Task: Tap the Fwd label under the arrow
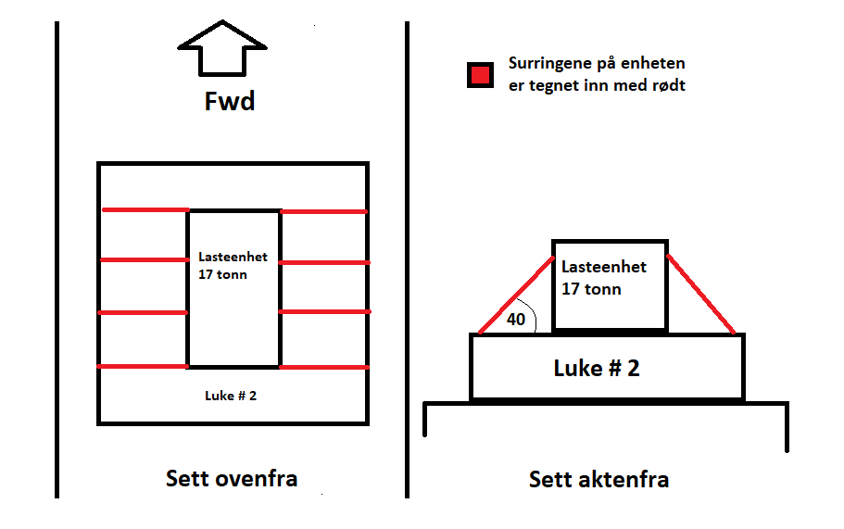coord(229,100)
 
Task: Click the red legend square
coord(480,74)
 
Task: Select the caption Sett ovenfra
coord(232,478)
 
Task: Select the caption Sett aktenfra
coord(598,479)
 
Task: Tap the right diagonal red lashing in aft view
coord(701,293)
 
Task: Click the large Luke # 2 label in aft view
coord(597,368)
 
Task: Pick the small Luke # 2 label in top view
coord(231,396)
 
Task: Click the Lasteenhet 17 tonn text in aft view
coord(604,277)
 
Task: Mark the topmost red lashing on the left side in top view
coord(145,210)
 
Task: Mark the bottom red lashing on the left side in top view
coord(145,367)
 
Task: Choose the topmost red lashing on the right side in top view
coord(323,211)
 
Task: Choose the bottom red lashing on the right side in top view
coord(323,368)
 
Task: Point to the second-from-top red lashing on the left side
coord(145,259)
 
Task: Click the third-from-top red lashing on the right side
coord(323,312)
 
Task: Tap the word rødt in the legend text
coord(666,85)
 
